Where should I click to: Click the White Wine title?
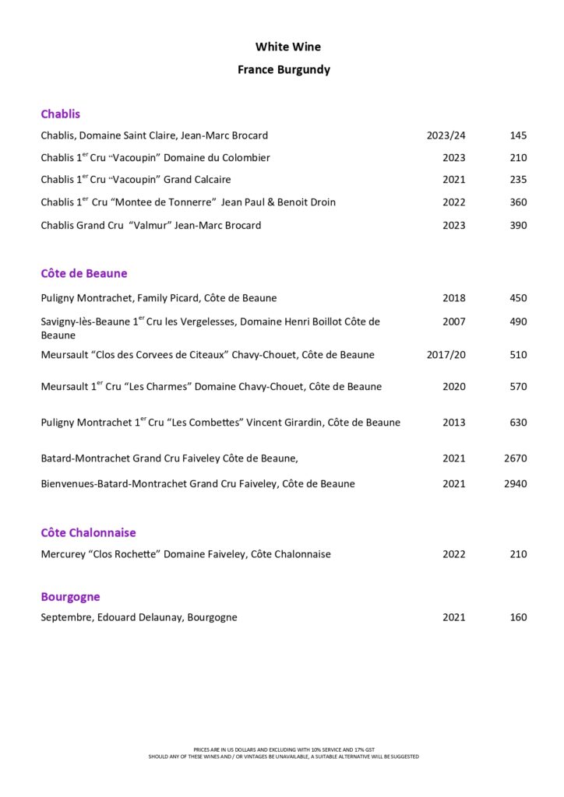tap(287, 47)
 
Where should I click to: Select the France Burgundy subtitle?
tap(284, 70)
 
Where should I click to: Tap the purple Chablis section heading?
tap(61, 114)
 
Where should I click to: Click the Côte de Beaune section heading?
tap(84, 274)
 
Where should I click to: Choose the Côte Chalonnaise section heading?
tap(88, 533)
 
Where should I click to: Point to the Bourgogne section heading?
tap(70, 597)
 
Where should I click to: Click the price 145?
tap(518, 135)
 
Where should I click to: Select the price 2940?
tap(515, 484)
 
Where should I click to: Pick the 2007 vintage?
tap(453, 321)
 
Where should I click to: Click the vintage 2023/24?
tap(446, 135)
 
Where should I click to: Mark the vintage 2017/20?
tap(446, 355)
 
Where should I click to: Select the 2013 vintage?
tap(453, 423)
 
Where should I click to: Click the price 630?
tap(518, 423)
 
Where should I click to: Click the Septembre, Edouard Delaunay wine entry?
tap(139, 618)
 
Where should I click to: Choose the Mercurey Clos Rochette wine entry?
tap(185, 555)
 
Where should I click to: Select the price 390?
tap(518, 226)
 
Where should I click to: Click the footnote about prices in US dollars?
tap(284, 750)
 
